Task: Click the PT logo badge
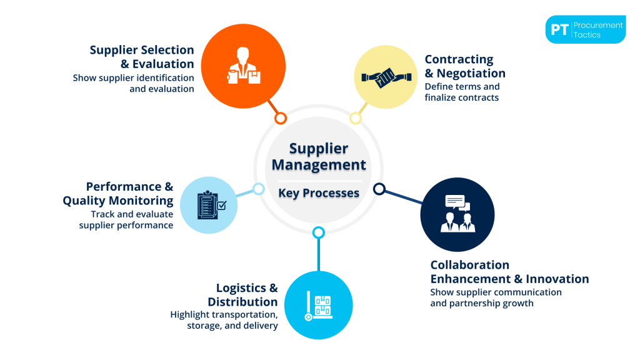[x=559, y=30]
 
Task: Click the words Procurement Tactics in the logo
[x=598, y=30]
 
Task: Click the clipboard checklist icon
[x=209, y=205]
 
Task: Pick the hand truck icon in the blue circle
[x=318, y=306]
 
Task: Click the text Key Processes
[x=319, y=193]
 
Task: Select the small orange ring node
[x=281, y=117]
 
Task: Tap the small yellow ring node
[x=355, y=117]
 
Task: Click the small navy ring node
[x=379, y=188]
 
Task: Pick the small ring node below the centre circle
[x=318, y=232]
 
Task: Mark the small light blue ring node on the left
[x=258, y=189]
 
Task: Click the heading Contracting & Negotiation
[x=464, y=66]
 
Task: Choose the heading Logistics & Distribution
[x=244, y=295]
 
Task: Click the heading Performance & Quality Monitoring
[x=119, y=194]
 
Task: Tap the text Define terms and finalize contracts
[x=462, y=92]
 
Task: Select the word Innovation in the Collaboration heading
[x=557, y=279]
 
